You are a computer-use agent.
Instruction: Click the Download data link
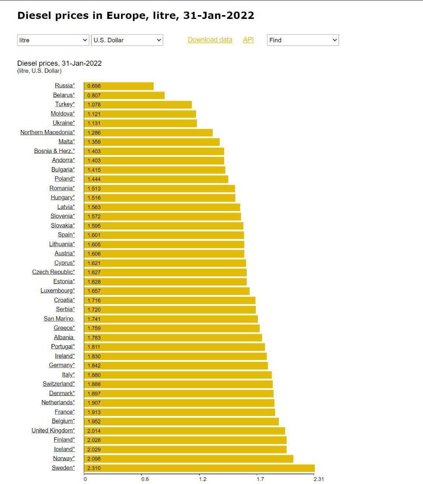click(210, 40)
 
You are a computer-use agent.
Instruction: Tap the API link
click(248, 40)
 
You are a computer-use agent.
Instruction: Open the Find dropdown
click(303, 40)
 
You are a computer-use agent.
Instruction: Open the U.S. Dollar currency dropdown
click(127, 40)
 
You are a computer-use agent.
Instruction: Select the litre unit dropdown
click(53, 40)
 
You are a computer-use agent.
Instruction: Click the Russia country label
click(65, 85)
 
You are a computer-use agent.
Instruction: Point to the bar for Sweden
click(199, 468)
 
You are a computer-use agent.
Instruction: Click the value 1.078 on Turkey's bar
click(94, 104)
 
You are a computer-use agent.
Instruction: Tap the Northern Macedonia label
click(47, 132)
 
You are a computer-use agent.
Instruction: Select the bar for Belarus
click(124, 95)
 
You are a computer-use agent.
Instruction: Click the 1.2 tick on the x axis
click(203, 479)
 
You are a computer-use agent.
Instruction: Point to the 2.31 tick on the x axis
click(319, 479)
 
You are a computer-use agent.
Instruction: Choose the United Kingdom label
click(53, 430)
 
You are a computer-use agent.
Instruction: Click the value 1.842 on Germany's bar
click(94, 366)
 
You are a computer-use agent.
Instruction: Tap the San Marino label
click(59, 319)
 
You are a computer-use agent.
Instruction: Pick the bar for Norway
click(188, 459)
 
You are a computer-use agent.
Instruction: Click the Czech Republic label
click(53, 272)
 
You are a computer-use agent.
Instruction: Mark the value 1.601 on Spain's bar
click(94, 235)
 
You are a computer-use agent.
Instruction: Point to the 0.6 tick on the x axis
click(145, 479)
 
